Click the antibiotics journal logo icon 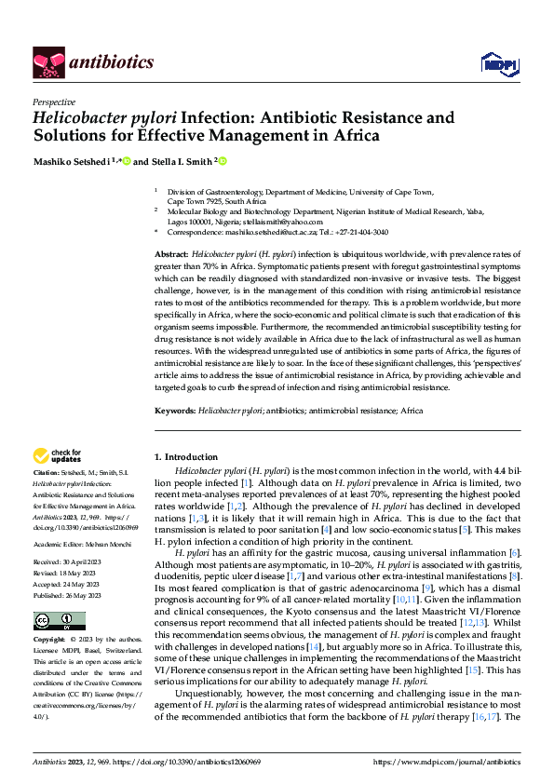(x=47, y=61)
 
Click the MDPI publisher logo (x=493, y=62)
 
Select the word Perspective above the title (x=54, y=102)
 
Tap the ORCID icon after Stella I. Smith (x=223, y=160)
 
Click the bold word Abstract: (x=171, y=254)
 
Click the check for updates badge (x=59, y=455)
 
